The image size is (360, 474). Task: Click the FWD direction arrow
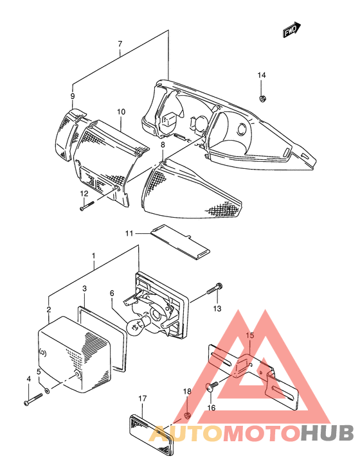[292, 30]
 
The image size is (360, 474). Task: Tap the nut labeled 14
[262, 98]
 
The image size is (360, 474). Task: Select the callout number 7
[120, 44]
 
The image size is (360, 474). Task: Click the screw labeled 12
[87, 206]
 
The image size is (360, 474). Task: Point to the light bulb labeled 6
[138, 326]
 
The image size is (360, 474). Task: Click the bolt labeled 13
[214, 288]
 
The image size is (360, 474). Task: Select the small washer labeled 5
[47, 391]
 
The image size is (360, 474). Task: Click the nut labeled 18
[187, 416]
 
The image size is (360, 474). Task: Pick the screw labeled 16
[212, 387]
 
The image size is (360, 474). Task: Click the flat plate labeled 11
[180, 241]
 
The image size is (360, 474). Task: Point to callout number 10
[121, 112]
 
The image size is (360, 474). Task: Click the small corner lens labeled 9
[67, 132]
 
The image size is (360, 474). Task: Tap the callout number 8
[163, 145]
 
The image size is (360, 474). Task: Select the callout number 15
[250, 335]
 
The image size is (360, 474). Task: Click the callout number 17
[143, 399]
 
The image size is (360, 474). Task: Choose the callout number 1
[94, 256]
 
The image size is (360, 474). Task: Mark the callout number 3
[85, 288]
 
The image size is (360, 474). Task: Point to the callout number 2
[49, 309]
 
